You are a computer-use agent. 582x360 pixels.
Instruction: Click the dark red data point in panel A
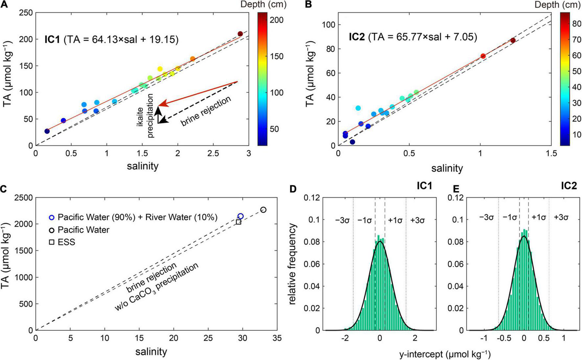[240, 34]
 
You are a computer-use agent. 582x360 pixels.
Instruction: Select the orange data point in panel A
[192, 59]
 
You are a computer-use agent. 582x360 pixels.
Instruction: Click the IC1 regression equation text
[111, 40]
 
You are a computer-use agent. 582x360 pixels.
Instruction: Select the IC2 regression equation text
[413, 37]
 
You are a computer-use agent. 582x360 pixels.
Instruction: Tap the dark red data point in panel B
[513, 40]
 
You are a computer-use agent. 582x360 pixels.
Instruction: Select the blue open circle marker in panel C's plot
[240, 216]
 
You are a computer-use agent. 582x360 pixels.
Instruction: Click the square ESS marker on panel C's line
[238, 222]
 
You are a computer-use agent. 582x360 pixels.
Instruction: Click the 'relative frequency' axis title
[293, 264]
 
